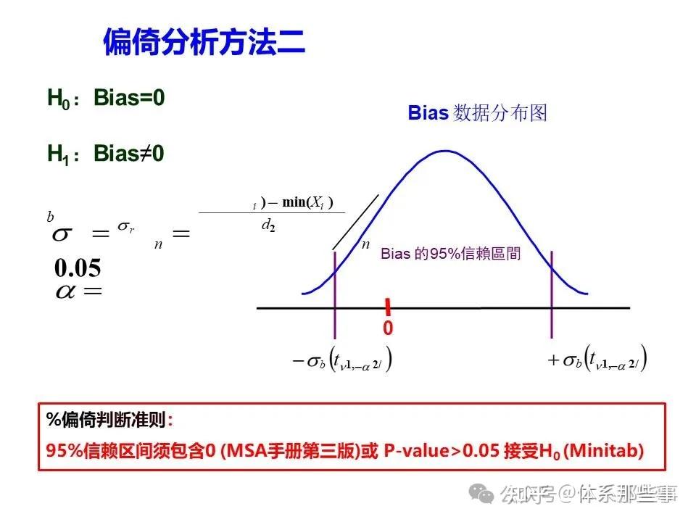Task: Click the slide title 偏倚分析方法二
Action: coord(204,43)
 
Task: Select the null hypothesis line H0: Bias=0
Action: coord(107,99)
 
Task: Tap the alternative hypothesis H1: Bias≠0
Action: coord(107,154)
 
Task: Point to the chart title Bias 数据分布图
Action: coord(477,113)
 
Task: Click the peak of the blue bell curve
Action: coord(444,152)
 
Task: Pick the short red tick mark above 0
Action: coord(388,305)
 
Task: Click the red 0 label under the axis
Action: coord(388,328)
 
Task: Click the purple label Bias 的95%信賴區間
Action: coord(450,254)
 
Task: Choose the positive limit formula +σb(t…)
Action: coord(597,360)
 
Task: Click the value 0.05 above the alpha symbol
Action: coord(78,268)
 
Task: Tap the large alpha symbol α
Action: coord(70,291)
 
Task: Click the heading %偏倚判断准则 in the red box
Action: coord(109,420)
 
